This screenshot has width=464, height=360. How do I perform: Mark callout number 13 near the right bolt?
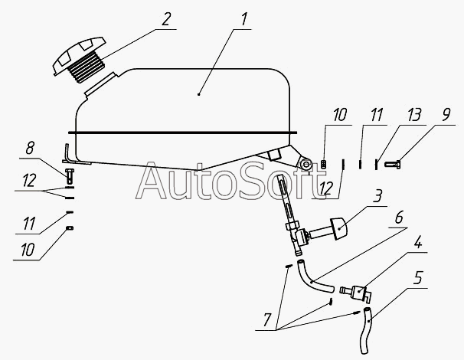pyautogui.click(x=394, y=117)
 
